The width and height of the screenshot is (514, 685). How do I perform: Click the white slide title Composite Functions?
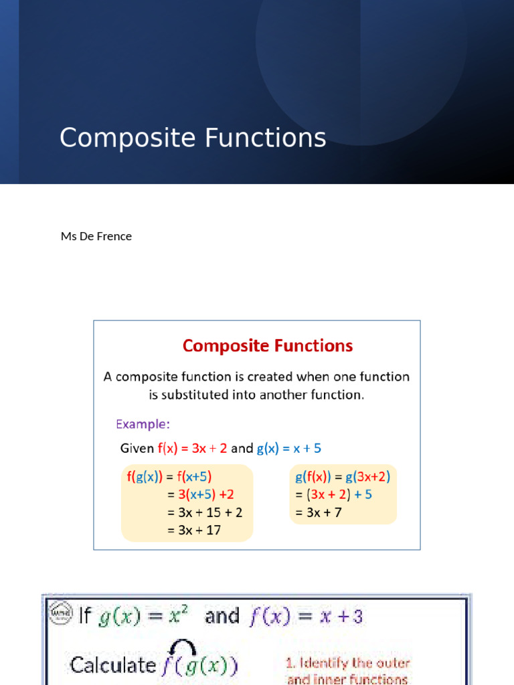[193, 138]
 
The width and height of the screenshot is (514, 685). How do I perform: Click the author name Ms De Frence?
[96, 236]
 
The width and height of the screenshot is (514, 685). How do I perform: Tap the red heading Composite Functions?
[268, 346]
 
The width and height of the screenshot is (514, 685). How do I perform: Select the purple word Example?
[143, 424]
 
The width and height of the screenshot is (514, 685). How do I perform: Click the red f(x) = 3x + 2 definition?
[192, 448]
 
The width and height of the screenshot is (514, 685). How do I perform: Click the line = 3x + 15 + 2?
[205, 513]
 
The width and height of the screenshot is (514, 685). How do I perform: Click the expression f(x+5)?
[194, 477]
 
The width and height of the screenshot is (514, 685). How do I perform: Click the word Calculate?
[112, 665]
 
